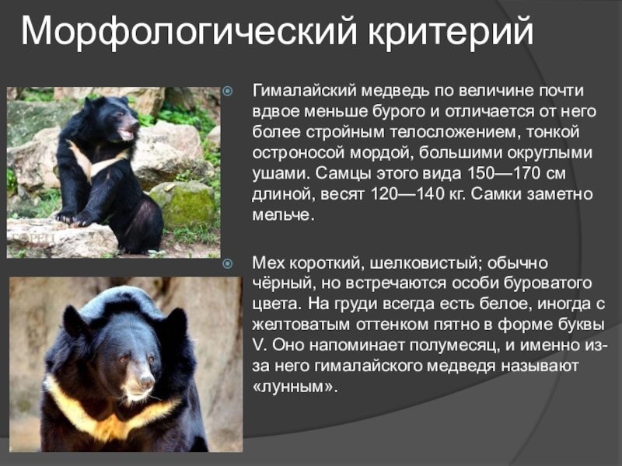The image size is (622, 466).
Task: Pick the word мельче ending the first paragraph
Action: coord(281,213)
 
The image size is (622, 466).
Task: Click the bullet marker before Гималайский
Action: coord(228,92)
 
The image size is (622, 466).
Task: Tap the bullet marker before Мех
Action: coord(228,264)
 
